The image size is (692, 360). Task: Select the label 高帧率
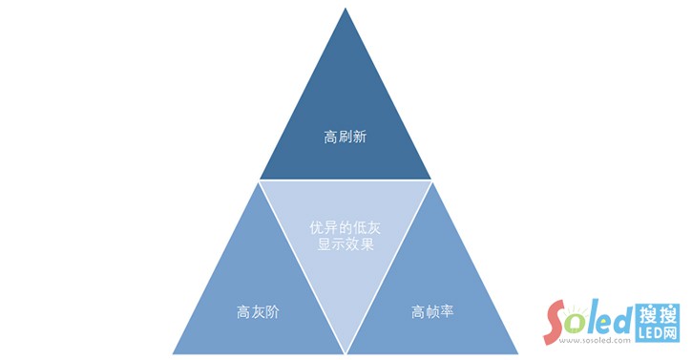(x=431, y=311)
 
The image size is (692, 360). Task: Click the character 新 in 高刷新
(x=360, y=138)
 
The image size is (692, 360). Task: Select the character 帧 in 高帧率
(x=431, y=311)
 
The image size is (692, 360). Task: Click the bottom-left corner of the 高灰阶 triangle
(x=173, y=353)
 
